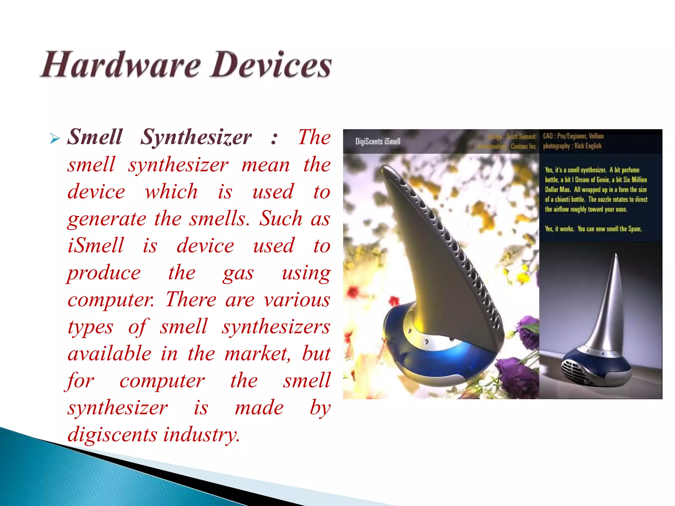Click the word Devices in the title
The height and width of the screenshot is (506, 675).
271,65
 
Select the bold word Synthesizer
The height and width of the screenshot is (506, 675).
196,137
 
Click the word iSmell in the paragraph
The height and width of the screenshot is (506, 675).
96,246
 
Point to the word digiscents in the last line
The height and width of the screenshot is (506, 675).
112,435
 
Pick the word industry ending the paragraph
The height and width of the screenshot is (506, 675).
202,435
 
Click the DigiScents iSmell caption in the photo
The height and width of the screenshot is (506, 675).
378,142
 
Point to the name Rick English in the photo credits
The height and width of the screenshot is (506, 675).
588,146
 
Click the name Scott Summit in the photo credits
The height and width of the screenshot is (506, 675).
521,136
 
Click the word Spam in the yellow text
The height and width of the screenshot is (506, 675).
635,229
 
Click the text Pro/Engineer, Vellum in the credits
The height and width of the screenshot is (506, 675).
580,136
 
